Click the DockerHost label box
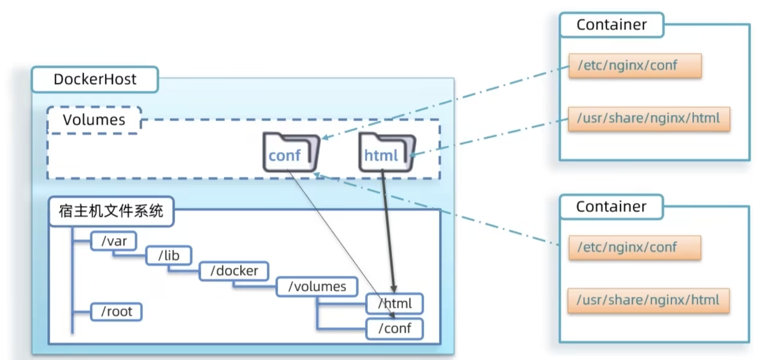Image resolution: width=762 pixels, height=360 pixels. (x=95, y=79)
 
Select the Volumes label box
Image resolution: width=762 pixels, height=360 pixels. (x=94, y=120)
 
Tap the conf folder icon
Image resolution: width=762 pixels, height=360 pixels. (x=291, y=152)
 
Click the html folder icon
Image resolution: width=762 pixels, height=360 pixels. (x=387, y=152)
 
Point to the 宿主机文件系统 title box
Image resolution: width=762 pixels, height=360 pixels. (x=111, y=211)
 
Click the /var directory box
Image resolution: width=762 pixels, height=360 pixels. (x=113, y=241)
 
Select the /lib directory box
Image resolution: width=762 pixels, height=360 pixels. (x=168, y=255)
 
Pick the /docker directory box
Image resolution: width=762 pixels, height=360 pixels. (x=234, y=271)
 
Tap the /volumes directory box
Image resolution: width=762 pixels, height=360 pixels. (x=317, y=286)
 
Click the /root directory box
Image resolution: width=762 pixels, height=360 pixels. (x=116, y=312)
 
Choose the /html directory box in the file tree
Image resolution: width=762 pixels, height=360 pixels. (x=395, y=303)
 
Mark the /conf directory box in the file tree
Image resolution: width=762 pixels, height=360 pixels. (x=395, y=329)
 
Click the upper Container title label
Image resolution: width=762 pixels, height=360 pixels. (x=612, y=25)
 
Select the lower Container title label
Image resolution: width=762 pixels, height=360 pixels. (x=612, y=207)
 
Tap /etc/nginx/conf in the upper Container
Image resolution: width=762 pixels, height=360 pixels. (x=635, y=65)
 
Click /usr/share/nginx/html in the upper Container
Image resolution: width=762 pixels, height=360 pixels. (x=649, y=119)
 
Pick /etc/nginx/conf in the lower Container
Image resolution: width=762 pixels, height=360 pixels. (x=635, y=247)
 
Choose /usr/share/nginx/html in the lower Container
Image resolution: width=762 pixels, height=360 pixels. (x=649, y=300)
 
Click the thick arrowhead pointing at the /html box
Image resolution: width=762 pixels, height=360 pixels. (x=394, y=289)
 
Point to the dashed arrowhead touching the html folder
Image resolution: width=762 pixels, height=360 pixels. (x=413, y=155)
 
